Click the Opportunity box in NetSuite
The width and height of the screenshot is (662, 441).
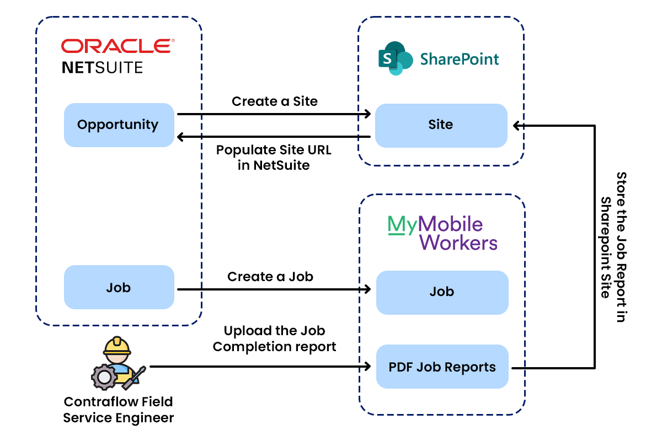click(x=119, y=125)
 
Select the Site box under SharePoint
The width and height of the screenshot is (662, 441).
click(x=441, y=125)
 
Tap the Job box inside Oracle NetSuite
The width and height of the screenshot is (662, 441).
click(x=119, y=287)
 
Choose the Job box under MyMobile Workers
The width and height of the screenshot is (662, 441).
click(x=442, y=292)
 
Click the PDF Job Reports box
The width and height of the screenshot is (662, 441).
click(x=442, y=367)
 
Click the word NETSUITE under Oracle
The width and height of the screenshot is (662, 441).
click(x=102, y=67)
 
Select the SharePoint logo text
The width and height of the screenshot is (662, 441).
click(x=460, y=59)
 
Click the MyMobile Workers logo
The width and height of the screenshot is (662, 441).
click(x=442, y=233)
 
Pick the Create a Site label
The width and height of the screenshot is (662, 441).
click(x=274, y=101)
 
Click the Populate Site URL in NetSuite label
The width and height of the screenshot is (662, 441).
click(x=274, y=157)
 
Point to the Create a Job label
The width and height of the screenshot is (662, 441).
click(x=270, y=276)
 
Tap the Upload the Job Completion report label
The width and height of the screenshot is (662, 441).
click(x=274, y=338)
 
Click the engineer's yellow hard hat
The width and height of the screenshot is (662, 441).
click(x=118, y=346)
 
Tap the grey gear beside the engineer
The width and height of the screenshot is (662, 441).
click(x=104, y=378)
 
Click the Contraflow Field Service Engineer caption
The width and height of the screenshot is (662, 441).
click(x=118, y=410)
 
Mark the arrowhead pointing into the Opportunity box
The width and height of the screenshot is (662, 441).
click(x=179, y=137)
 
